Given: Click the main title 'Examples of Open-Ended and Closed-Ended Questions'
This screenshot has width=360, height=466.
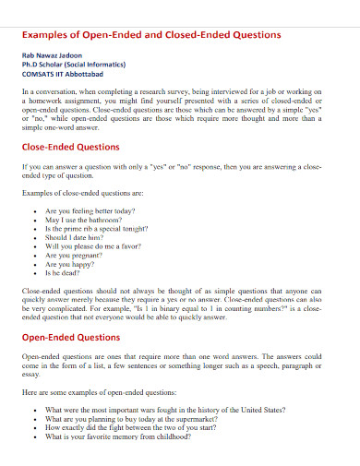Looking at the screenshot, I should [150, 35].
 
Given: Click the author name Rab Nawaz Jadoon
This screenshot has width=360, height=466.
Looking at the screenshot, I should [54, 57].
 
